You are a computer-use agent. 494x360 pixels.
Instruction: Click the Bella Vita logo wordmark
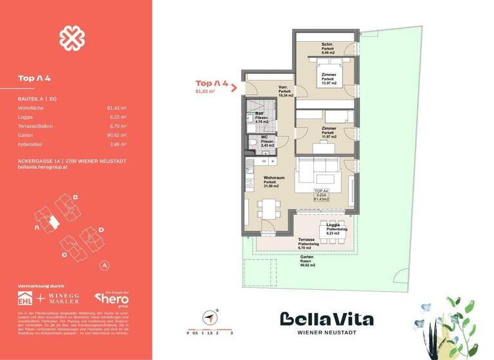click(326, 319)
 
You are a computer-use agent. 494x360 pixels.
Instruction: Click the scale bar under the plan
click(210, 328)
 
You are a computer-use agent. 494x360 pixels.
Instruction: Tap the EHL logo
click(26, 299)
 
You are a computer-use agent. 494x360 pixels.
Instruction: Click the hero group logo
click(113, 298)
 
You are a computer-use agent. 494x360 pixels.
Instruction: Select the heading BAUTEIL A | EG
click(39, 99)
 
